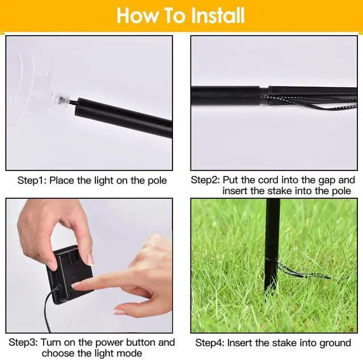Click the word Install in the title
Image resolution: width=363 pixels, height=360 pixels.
[x=218, y=15]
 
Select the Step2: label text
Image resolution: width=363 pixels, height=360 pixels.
[x=205, y=181]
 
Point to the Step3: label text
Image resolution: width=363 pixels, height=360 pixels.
[x=23, y=342]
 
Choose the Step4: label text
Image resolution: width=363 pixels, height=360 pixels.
[x=210, y=343]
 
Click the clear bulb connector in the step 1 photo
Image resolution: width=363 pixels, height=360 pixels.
[x=61, y=99]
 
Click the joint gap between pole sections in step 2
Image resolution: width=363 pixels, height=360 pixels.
[x=264, y=96]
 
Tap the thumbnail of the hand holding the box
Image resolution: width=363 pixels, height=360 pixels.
[x=91, y=259]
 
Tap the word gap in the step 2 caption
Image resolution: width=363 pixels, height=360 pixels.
[x=327, y=181]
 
